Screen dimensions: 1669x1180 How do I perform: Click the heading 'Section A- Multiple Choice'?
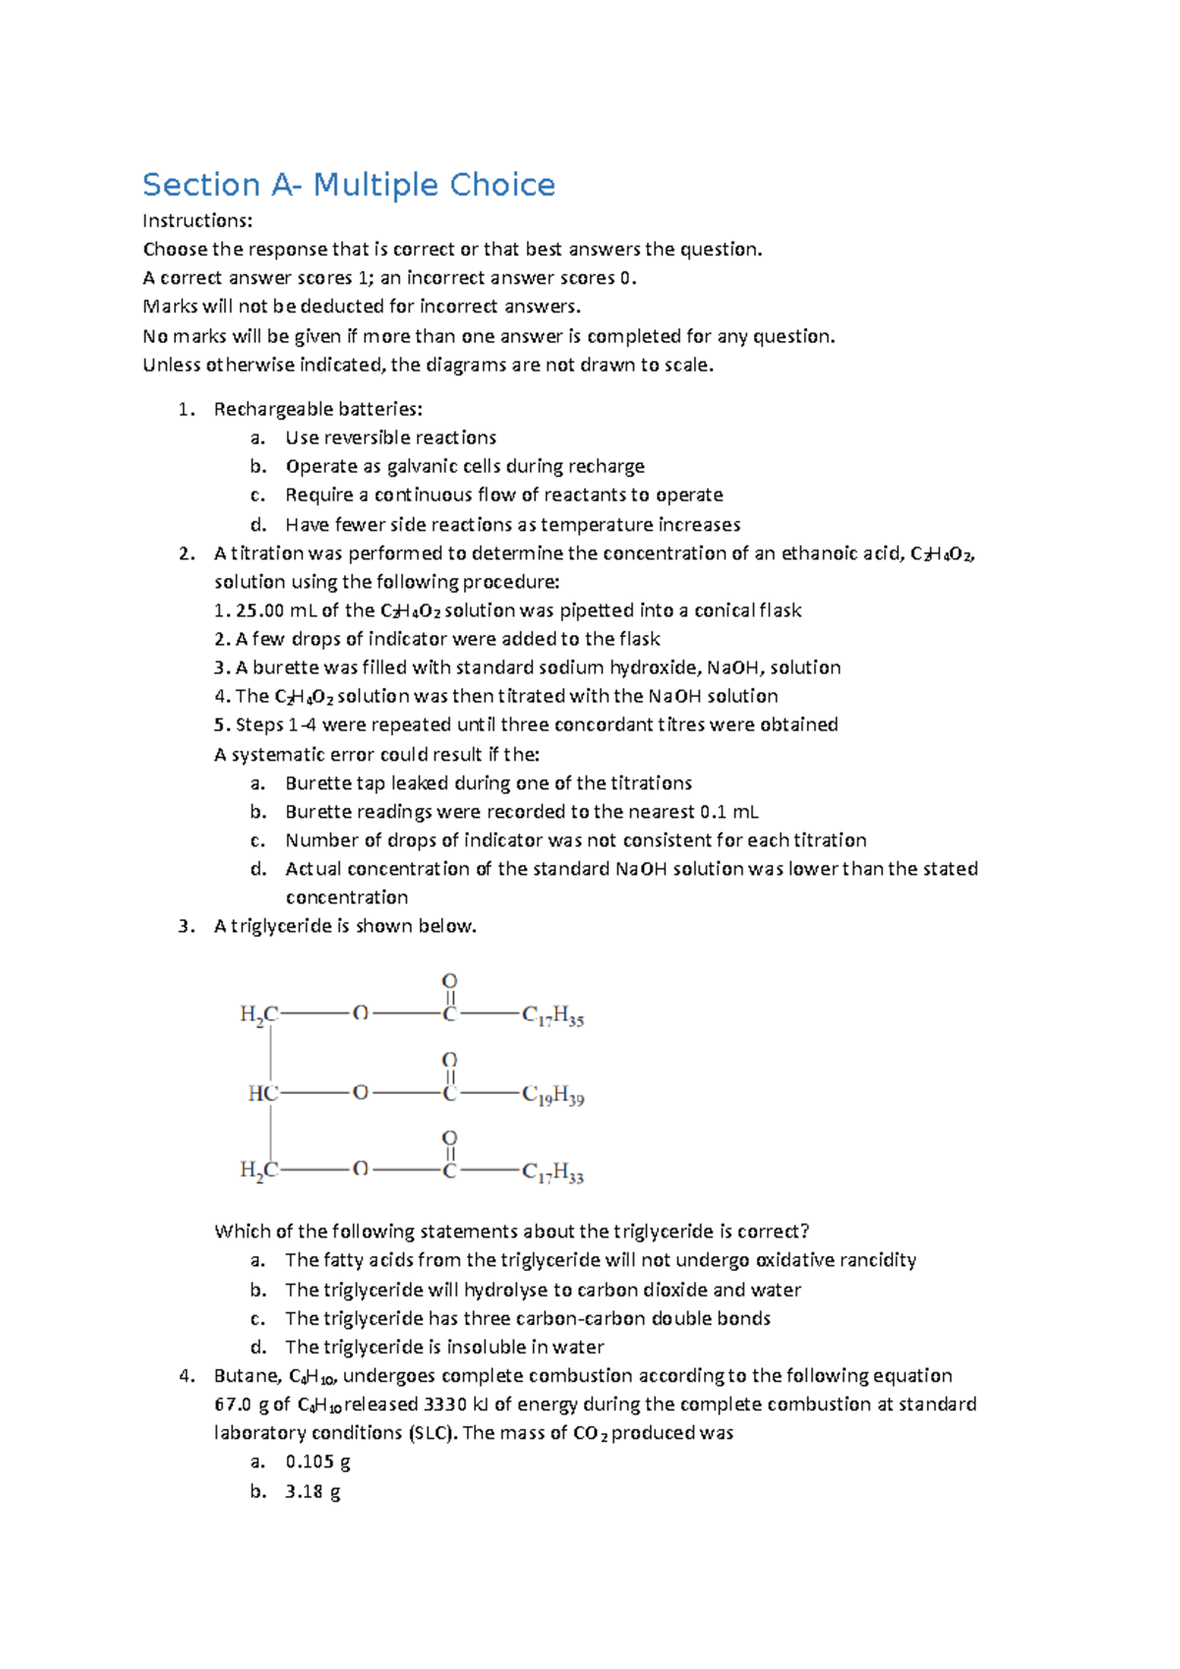(348, 185)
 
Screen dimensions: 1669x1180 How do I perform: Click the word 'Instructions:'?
(197, 220)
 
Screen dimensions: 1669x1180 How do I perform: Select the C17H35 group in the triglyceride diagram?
(553, 1015)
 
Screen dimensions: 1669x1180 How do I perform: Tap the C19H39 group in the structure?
(553, 1095)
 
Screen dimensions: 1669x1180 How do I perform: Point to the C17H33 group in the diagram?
(553, 1173)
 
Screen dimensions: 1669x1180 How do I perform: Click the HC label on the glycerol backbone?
(263, 1093)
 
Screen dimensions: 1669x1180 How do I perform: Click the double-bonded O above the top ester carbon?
(449, 981)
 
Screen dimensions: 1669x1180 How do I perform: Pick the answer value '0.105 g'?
(318, 1462)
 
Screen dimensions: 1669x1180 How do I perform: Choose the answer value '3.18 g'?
(313, 1491)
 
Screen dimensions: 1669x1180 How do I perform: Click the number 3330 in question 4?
(444, 1404)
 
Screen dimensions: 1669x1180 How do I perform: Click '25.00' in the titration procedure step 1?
(261, 610)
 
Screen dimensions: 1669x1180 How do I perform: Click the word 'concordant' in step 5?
(601, 724)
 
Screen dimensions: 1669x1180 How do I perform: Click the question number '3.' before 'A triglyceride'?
(187, 926)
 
